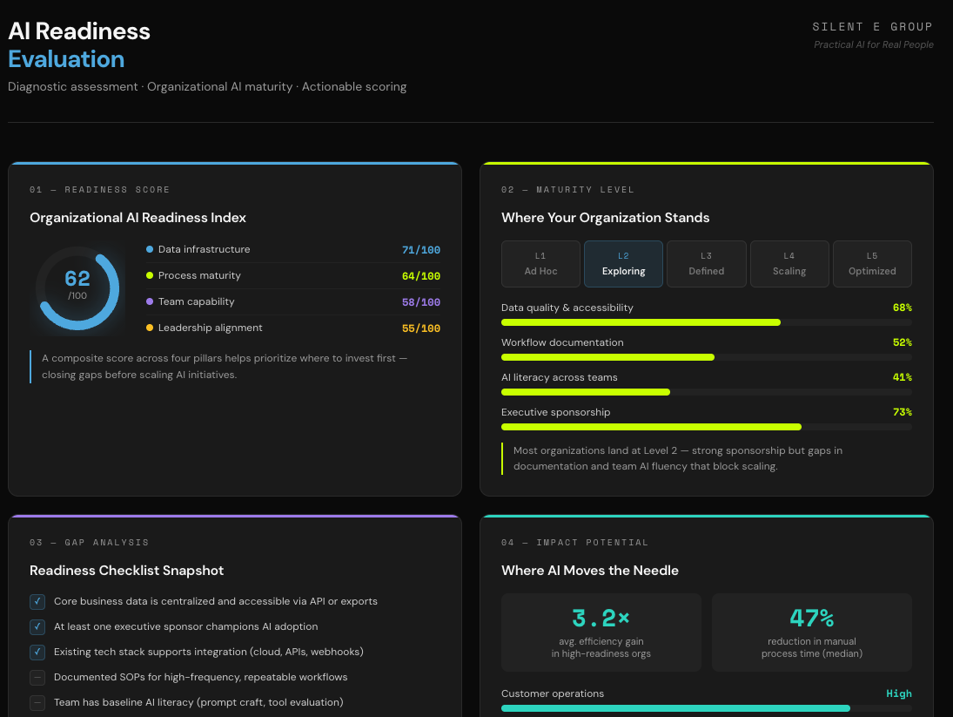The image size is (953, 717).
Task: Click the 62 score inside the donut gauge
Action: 77,280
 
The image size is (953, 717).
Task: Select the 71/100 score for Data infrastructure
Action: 420,250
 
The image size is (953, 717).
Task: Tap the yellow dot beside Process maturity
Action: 150,276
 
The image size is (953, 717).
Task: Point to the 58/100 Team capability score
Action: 420,302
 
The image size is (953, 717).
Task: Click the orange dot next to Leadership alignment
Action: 150,328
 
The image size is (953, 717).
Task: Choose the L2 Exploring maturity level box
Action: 623,264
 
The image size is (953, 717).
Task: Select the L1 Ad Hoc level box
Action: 540,264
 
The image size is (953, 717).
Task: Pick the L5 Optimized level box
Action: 872,264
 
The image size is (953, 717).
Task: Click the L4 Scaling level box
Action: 789,264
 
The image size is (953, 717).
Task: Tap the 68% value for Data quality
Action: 902,308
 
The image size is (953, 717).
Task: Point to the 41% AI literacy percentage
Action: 902,377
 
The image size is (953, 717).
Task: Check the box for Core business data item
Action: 37,601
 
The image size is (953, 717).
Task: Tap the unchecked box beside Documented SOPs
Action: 37,677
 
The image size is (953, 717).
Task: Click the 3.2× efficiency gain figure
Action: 601,619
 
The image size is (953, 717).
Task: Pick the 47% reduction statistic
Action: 811,619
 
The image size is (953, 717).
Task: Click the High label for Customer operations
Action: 898,693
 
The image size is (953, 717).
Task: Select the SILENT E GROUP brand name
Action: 872,27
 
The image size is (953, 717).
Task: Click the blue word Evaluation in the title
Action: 66,59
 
